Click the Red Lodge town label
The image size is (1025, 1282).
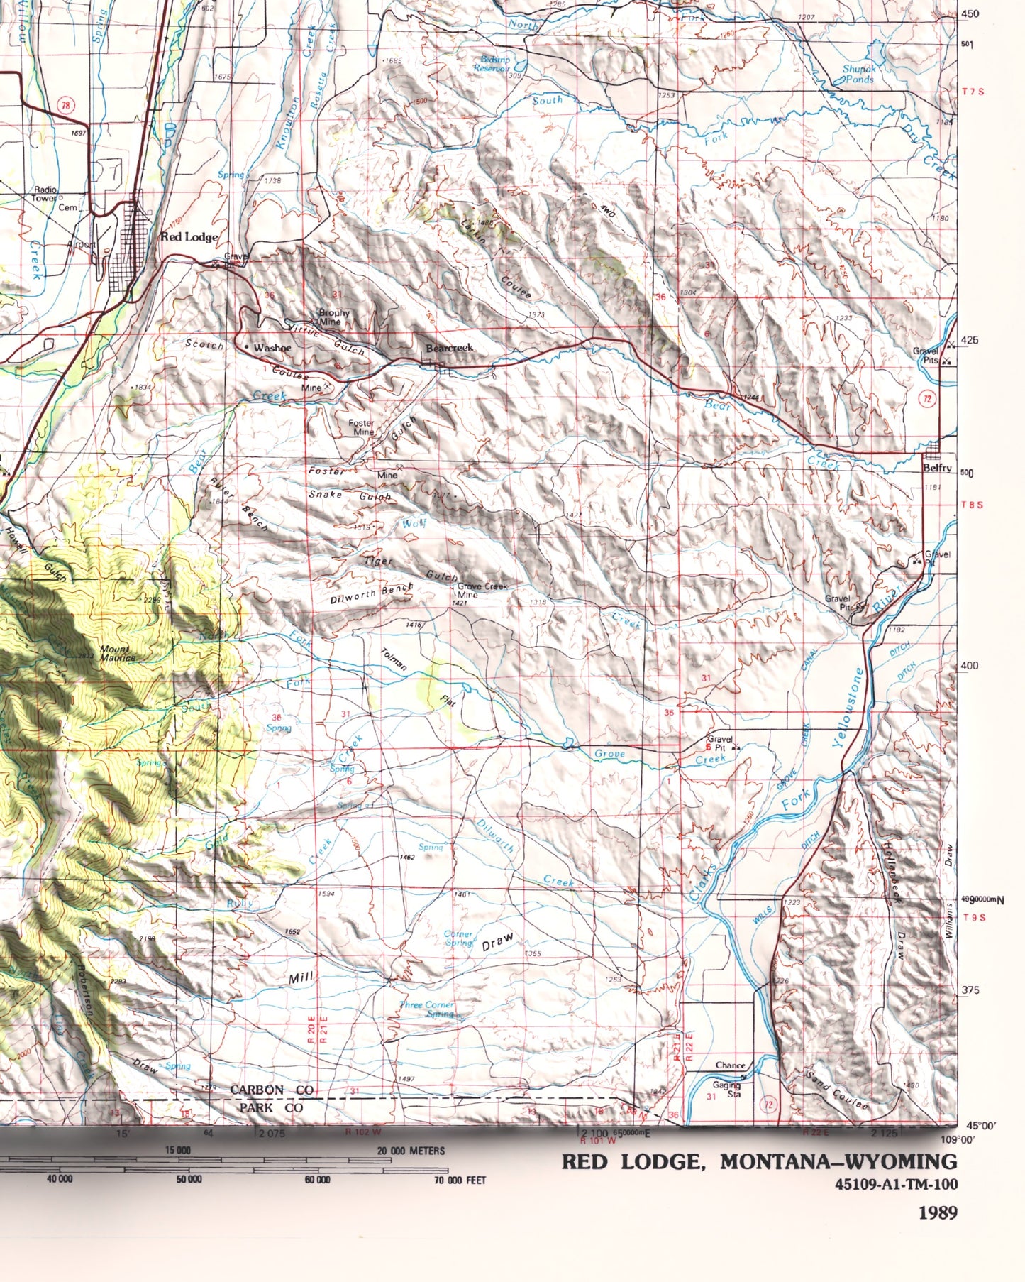click(x=189, y=236)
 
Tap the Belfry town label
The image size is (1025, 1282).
click(x=935, y=468)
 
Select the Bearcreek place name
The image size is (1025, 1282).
click(x=449, y=348)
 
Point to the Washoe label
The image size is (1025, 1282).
click(x=272, y=348)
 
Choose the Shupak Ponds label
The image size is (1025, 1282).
click(x=858, y=75)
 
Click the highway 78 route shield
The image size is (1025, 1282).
click(x=66, y=106)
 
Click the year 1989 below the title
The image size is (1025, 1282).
click(x=938, y=1212)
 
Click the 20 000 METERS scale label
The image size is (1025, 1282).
click(x=411, y=1150)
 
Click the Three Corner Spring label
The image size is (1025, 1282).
click(x=427, y=1009)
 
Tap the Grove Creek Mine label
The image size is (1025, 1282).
click(x=482, y=590)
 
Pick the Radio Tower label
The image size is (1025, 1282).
click(x=45, y=195)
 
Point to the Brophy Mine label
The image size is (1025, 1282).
click(x=333, y=317)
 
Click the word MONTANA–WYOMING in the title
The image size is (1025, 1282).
click(x=838, y=1161)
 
